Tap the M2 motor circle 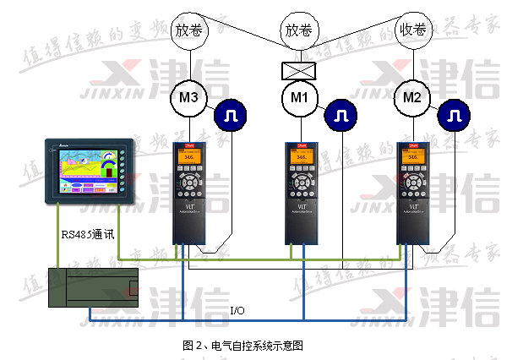click(x=412, y=99)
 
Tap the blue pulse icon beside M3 click(x=229, y=115)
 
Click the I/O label click(x=238, y=311)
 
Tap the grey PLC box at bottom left click(x=92, y=288)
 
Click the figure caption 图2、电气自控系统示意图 click(x=242, y=345)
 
